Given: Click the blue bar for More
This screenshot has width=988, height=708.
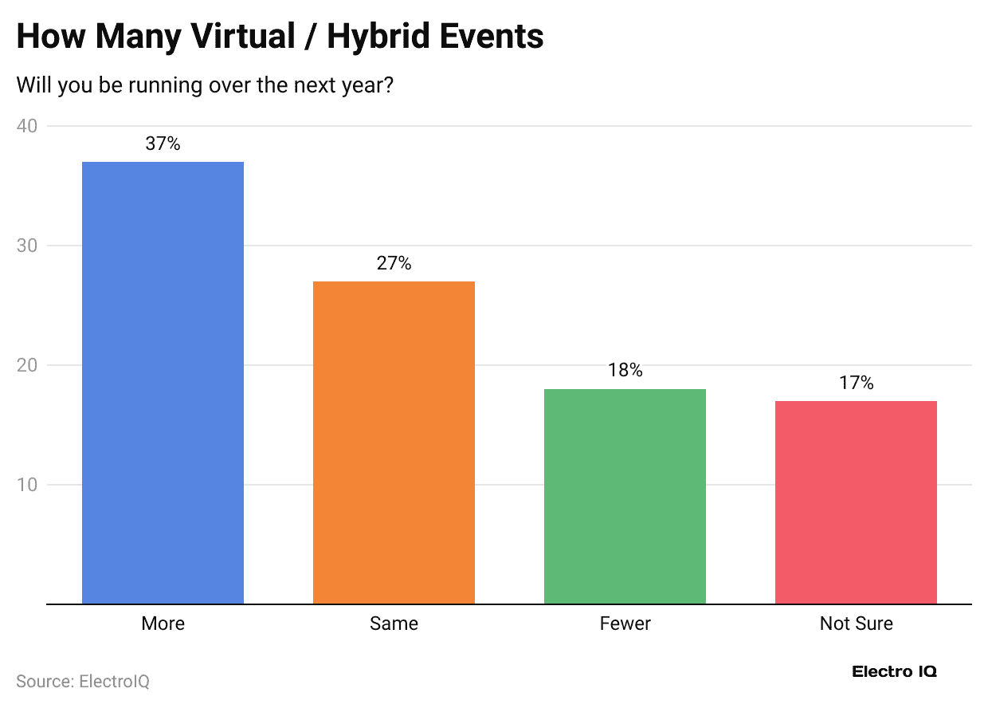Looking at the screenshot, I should (x=163, y=383).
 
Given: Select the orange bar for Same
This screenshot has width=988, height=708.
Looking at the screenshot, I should (x=394, y=442).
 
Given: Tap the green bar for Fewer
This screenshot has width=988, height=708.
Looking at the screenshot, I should (x=625, y=496).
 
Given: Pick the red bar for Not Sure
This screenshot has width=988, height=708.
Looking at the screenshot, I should (x=856, y=502).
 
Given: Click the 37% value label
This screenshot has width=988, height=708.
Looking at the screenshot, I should (x=163, y=144).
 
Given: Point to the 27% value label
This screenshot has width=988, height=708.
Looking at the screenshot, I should (x=394, y=264).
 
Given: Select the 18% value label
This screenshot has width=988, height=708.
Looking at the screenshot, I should (x=625, y=371).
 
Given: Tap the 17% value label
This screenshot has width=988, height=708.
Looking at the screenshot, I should (x=856, y=383).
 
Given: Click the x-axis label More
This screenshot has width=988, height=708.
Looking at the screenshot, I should (x=163, y=623).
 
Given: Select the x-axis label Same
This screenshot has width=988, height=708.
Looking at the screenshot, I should (x=394, y=623).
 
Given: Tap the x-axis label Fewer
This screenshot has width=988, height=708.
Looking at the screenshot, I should (x=625, y=623).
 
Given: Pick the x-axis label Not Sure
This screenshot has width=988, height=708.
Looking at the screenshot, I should (x=856, y=623).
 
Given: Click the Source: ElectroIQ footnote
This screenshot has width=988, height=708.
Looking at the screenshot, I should (x=83, y=682).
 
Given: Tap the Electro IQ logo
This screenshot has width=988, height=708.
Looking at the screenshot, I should (x=894, y=671).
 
